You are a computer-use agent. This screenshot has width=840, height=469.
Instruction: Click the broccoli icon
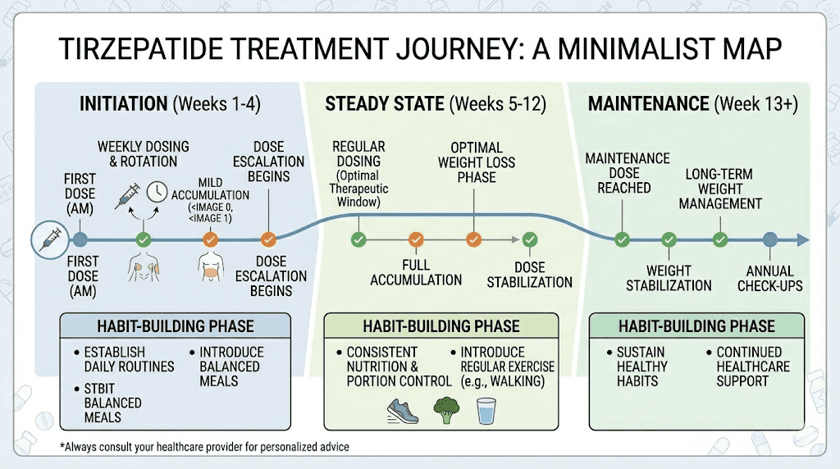pyautogui.click(x=445, y=409)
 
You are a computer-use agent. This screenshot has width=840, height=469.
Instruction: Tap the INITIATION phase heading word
pyautogui.click(x=123, y=104)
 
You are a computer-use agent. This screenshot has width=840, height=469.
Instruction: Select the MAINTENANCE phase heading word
pyautogui.click(x=647, y=104)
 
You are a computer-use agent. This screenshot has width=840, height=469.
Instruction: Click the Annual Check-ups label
pyautogui.click(x=769, y=279)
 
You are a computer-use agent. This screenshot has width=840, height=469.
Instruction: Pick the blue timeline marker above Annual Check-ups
pyautogui.click(x=769, y=239)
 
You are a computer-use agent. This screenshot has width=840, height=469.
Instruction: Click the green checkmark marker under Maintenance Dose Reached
pyautogui.click(x=622, y=239)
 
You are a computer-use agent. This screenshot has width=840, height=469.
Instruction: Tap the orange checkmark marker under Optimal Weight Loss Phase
pyautogui.click(x=473, y=239)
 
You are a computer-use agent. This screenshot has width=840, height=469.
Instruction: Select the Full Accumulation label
pyautogui.click(x=416, y=273)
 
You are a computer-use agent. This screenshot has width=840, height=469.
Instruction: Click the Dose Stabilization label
pyautogui.click(x=529, y=275)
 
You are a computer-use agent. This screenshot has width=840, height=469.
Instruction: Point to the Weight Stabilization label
pyautogui.click(x=669, y=279)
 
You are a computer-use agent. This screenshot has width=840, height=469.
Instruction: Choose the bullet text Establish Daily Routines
pyautogui.click(x=129, y=359)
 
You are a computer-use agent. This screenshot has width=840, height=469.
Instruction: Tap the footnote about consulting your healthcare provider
pyautogui.click(x=204, y=447)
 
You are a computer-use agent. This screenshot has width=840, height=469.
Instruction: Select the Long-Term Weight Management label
pyautogui.click(x=723, y=189)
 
